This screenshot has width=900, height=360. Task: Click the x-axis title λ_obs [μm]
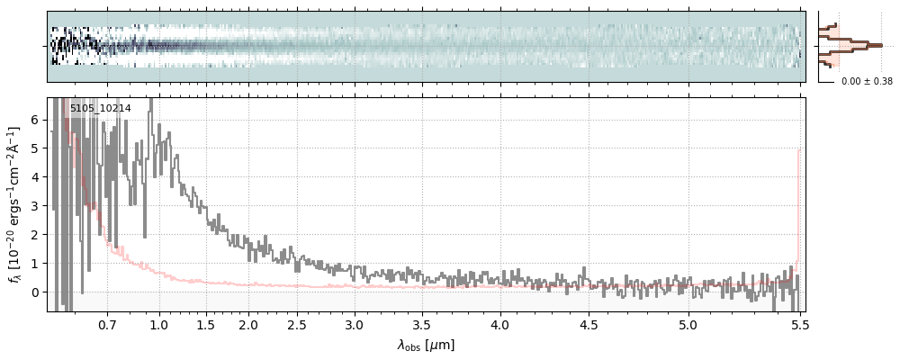tap(426, 345)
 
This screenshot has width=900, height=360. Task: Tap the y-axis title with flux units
tap(15, 204)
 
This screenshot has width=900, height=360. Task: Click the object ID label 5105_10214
tap(100, 109)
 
